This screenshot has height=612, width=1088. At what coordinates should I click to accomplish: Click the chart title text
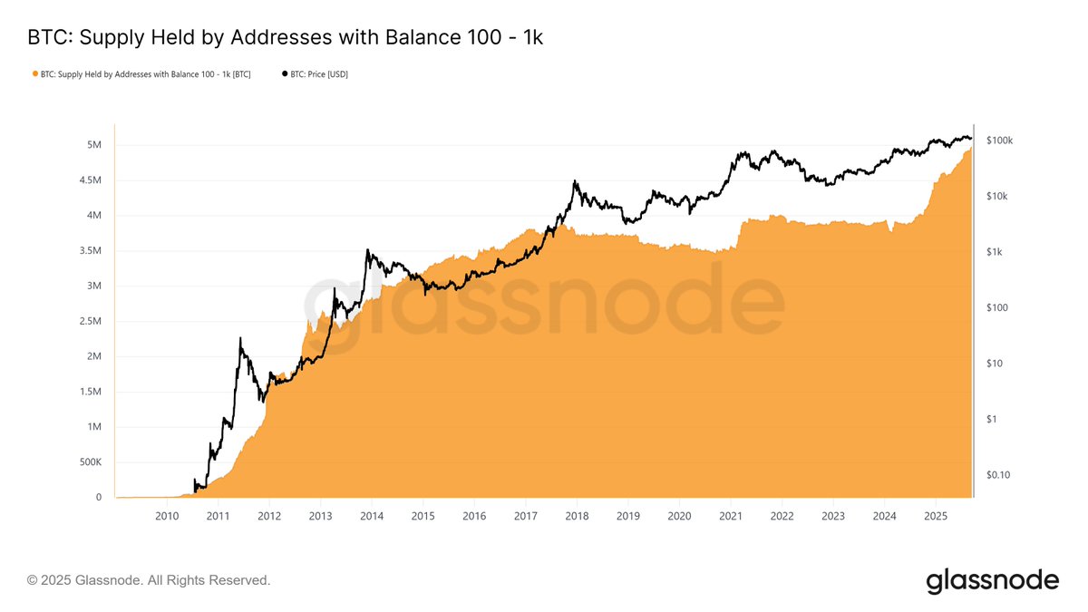coord(285,38)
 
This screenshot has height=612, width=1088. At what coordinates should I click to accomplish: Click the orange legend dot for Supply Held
coord(34,74)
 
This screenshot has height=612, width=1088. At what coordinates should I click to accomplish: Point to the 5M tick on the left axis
coord(93,145)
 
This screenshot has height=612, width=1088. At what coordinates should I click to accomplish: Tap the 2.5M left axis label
coord(90,322)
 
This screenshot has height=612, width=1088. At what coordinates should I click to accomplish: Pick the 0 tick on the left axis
coord(98,498)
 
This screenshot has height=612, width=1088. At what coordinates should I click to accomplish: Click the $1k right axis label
coord(995,252)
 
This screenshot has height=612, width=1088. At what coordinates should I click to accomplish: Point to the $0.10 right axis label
coord(997,475)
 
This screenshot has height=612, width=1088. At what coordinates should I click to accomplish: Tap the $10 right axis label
coord(994,364)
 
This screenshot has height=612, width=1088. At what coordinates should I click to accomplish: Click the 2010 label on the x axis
coord(167,516)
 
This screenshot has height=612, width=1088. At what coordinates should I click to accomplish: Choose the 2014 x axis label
coord(372,516)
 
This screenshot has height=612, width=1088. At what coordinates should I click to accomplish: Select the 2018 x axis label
coord(577,516)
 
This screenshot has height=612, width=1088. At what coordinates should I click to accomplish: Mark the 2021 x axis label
coord(731,516)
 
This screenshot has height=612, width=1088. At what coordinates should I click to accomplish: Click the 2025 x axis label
coord(936,516)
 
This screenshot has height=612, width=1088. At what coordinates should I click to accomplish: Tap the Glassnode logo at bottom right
coord(992,580)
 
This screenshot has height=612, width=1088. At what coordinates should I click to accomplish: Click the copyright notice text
coord(149,580)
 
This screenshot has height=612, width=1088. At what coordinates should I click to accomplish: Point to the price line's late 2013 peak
coord(367,250)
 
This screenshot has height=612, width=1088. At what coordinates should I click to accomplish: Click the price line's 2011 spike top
coord(240,338)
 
